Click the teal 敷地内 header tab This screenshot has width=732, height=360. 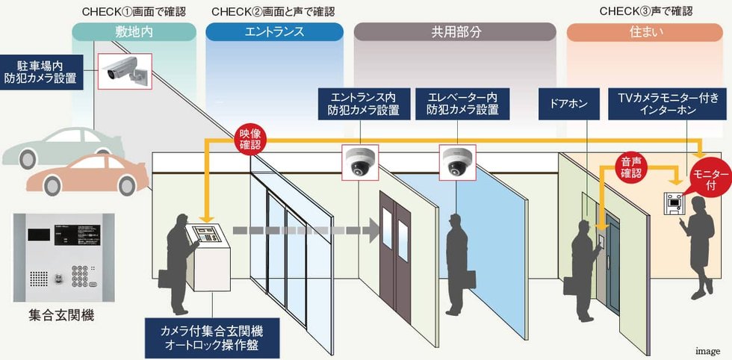pos(134,32)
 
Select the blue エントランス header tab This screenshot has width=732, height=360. pos(275,32)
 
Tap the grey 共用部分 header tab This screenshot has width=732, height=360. pos(455,32)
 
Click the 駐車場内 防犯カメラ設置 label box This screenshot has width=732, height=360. pos(42,72)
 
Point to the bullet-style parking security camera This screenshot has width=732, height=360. pos(125,70)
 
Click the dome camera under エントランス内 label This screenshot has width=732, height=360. pos(360,163)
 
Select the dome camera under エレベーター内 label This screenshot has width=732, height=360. pos(457,163)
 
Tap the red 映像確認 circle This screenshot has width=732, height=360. pos(249,139)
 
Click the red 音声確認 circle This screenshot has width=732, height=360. pos(631,167)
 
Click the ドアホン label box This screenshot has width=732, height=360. pos(568,104)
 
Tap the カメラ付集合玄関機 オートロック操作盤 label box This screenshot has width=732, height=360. pos(212,338)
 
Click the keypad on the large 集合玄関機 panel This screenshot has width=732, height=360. pos(81,276)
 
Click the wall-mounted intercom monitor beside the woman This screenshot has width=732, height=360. pos(674,203)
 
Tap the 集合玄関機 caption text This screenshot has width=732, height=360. pos(61,316)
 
